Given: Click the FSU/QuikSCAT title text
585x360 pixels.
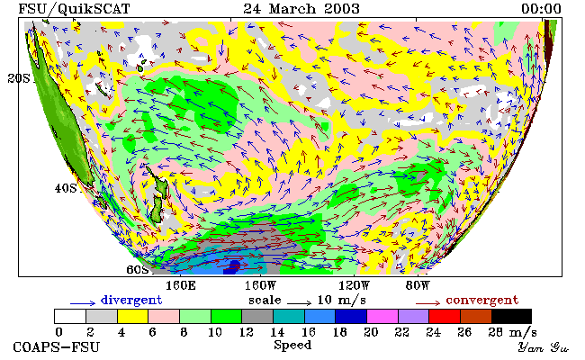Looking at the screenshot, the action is (74, 9).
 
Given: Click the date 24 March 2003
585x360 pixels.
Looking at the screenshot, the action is (301, 9).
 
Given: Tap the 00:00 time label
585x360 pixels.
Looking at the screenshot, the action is (541, 9).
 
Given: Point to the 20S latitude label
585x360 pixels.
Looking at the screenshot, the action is (19, 78).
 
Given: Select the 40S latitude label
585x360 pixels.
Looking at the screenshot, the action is (66, 188).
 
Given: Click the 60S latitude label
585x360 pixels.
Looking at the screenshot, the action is (138, 269).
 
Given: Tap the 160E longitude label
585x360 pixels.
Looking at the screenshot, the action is (181, 286).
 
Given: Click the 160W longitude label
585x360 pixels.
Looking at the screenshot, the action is (260, 286).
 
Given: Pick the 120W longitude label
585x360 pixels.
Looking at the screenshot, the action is (354, 286).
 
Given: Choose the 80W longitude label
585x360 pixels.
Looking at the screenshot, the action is (418, 286).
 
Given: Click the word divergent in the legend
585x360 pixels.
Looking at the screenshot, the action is (131, 300).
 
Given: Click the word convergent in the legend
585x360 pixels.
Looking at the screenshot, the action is (482, 300).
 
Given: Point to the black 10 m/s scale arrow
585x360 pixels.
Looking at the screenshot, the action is (299, 302).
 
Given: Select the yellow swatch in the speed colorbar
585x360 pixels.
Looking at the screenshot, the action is (133, 316).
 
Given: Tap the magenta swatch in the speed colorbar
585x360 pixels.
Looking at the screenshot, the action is (382, 316).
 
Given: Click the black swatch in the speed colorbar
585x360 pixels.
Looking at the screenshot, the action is (511, 316).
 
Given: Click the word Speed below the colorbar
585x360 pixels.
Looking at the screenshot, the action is (292, 345).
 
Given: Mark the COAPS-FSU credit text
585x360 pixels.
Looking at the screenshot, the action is (57, 346).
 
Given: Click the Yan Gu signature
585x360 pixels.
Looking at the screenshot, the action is (543, 347).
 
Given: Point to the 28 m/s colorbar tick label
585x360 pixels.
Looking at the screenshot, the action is (513, 332).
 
